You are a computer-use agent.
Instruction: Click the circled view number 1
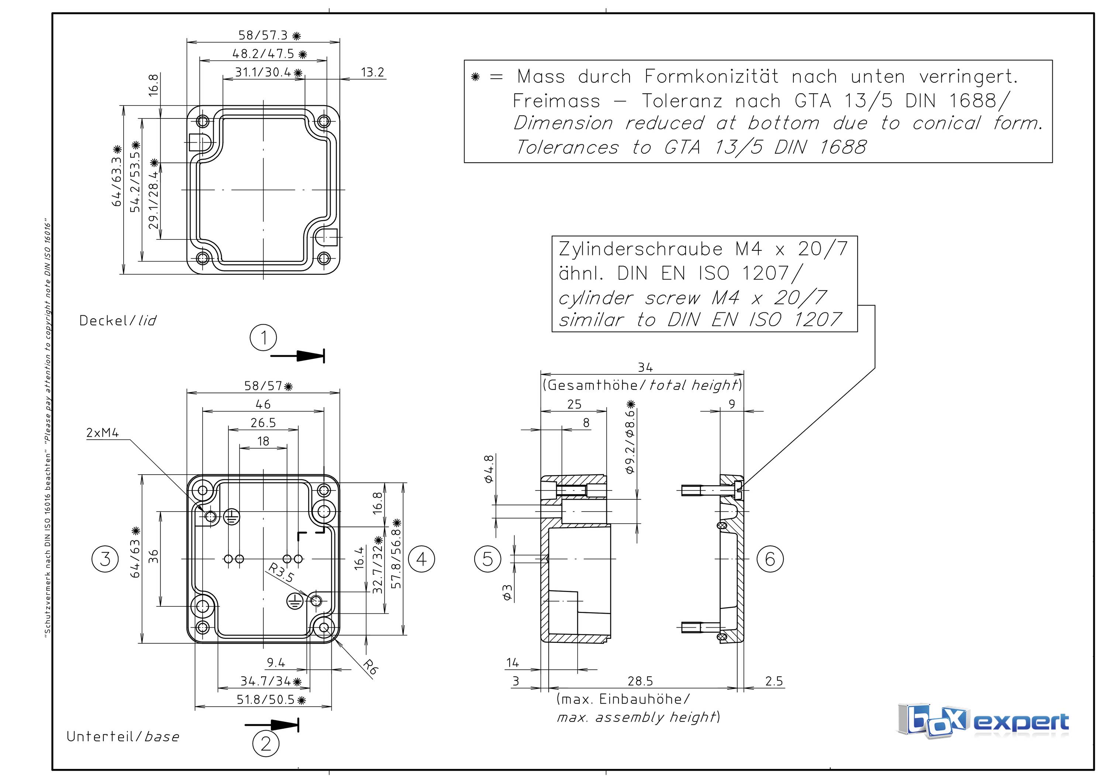click(263, 337)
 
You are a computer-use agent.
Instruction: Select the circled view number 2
click(266, 744)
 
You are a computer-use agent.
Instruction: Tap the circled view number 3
click(105, 559)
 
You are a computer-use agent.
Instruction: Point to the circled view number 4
click(421, 559)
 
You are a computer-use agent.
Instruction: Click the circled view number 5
click(488, 559)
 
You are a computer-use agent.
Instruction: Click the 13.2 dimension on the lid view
click(372, 72)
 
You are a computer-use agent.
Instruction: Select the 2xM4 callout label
click(102, 433)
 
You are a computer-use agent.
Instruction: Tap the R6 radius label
click(370, 667)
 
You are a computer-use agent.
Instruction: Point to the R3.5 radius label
click(281, 573)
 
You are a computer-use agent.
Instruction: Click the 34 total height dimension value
click(645, 367)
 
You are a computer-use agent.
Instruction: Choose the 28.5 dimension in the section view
click(640, 681)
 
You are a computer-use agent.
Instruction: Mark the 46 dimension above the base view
click(263, 404)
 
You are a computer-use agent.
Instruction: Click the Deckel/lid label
click(118, 321)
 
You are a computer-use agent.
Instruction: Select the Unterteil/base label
click(123, 737)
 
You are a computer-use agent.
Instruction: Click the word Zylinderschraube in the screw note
click(641, 249)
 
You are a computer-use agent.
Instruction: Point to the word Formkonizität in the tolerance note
click(711, 77)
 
